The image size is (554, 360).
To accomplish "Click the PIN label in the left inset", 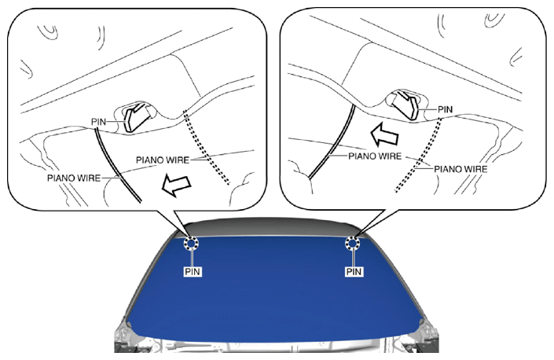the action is [98, 122].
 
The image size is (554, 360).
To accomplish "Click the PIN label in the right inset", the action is [446, 110].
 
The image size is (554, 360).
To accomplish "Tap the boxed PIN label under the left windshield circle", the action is [193, 272].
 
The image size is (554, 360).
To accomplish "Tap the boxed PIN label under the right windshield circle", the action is [354, 272].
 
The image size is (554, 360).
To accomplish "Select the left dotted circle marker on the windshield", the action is [191, 237].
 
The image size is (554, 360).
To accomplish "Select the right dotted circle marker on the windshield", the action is [352, 237].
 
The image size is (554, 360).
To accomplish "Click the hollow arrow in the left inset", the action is [176, 185].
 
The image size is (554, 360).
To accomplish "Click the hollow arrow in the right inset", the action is [384, 135].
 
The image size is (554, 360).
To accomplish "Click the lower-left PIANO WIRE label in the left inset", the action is [74, 178].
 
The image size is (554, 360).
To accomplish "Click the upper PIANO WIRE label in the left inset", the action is [163, 160].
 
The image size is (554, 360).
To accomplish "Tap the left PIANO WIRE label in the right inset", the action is [375, 156].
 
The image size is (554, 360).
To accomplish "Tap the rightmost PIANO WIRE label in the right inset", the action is [460, 169].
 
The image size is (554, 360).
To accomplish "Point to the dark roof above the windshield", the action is [273, 226].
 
